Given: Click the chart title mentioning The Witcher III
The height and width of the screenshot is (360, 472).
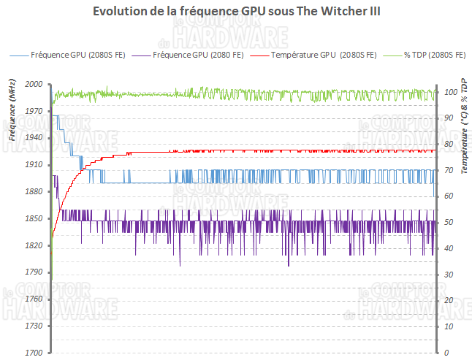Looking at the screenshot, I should (x=237, y=12).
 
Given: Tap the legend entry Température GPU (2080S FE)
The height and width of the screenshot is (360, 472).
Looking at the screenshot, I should (x=322, y=55).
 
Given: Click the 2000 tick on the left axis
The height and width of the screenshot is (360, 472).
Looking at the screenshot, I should (x=34, y=85).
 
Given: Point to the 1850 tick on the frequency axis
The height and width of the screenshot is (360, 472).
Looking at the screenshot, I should (x=34, y=219).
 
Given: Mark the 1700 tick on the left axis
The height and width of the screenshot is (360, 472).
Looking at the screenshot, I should (x=34, y=353).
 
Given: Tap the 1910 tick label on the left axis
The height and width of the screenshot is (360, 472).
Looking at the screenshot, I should (x=34, y=165).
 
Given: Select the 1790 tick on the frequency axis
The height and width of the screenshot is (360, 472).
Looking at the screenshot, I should (x=34, y=272).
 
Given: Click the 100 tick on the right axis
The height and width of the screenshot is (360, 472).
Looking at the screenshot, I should (x=450, y=92).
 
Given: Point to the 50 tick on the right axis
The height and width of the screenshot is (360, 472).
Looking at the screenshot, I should (x=448, y=222).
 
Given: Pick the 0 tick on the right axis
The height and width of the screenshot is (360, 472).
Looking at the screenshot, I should (x=446, y=353).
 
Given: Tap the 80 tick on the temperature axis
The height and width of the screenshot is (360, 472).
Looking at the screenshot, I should (x=448, y=144).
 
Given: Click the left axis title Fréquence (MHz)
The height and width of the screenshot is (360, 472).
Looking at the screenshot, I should (x=12, y=113).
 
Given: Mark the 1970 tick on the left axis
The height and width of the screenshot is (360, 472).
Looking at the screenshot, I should (x=34, y=112).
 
